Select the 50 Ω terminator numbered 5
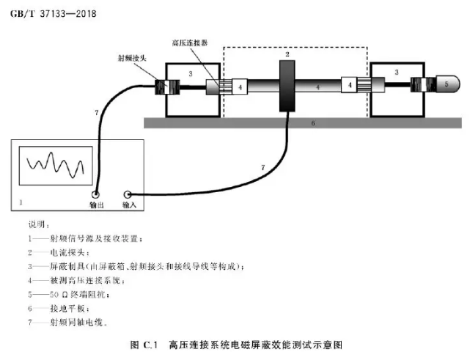[x=444, y=85]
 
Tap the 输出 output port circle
[x=95, y=195]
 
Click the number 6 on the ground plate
[x=312, y=124]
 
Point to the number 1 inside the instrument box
[x=21, y=200]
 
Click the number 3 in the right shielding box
[x=397, y=73]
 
